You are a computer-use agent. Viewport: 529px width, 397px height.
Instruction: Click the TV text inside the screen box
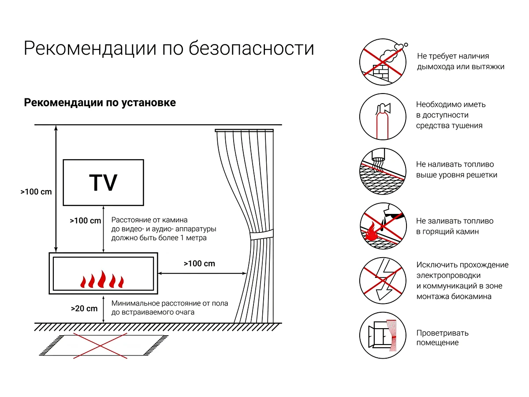(103, 183)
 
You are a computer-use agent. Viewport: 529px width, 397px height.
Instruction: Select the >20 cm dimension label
(84, 308)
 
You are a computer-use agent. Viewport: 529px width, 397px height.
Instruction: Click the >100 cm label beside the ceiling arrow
(36, 192)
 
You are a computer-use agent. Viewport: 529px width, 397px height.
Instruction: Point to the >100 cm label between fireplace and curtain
(199, 264)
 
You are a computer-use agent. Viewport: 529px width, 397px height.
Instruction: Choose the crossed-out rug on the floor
(101, 345)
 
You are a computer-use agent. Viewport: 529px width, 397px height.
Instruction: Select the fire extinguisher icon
(382, 117)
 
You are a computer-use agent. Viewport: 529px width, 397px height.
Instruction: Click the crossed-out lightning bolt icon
(382, 281)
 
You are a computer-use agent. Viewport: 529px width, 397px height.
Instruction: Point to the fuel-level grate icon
(382, 172)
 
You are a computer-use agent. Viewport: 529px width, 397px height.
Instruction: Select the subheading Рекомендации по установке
(100, 103)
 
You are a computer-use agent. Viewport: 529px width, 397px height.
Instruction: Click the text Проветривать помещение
(442, 337)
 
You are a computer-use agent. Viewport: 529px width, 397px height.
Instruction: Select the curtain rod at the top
(244, 131)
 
